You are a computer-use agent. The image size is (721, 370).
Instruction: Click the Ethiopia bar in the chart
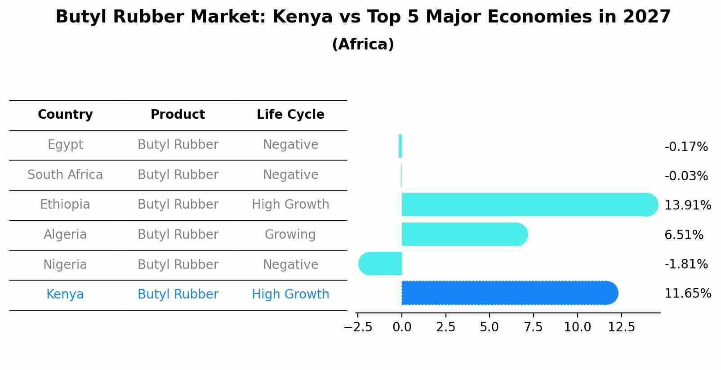(x=529, y=205)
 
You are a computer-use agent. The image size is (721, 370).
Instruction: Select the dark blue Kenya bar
(x=509, y=293)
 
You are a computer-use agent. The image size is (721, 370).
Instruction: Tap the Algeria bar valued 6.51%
(x=464, y=234)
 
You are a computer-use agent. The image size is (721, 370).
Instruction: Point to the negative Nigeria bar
(x=380, y=263)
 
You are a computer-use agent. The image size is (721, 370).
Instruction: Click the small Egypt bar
(x=400, y=146)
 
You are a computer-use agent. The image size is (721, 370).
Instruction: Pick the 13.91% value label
(x=687, y=205)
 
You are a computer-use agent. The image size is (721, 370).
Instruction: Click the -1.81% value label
(x=686, y=264)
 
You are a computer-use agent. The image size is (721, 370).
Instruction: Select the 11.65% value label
(x=687, y=294)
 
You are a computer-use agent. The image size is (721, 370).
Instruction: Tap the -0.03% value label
(x=686, y=176)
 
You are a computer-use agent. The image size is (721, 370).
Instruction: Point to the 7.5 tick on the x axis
(x=533, y=327)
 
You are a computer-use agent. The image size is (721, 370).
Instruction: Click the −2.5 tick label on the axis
(x=358, y=327)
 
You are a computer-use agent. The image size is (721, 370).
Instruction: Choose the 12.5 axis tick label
(x=621, y=327)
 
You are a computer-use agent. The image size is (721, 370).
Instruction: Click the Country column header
(x=65, y=115)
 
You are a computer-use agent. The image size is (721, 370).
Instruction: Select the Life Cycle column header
(x=290, y=115)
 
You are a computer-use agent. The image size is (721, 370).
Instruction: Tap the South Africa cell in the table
(x=65, y=175)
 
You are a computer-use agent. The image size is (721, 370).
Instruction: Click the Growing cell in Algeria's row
(x=290, y=235)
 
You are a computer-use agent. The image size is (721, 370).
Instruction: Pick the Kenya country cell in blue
(x=65, y=294)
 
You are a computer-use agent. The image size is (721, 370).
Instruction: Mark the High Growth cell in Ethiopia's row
(x=290, y=205)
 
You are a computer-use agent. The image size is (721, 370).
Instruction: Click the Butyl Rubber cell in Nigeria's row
(x=178, y=265)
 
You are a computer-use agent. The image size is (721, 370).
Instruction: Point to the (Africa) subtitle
(x=363, y=45)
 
